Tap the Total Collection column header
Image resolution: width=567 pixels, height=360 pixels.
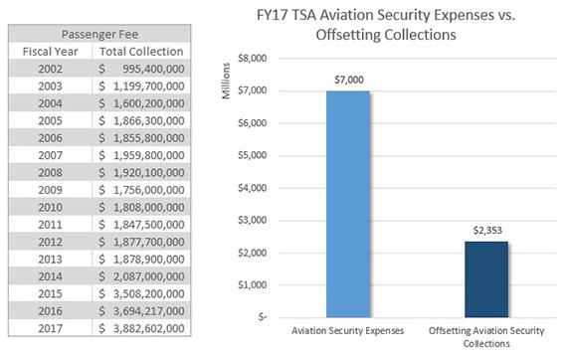click(143, 51)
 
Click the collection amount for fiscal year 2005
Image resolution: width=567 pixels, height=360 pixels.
click(143, 120)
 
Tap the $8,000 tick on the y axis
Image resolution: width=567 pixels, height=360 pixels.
click(252, 59)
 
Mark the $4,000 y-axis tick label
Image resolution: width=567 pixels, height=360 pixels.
click(252, 188)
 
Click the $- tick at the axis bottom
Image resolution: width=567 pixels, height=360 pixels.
click(259, 317)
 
